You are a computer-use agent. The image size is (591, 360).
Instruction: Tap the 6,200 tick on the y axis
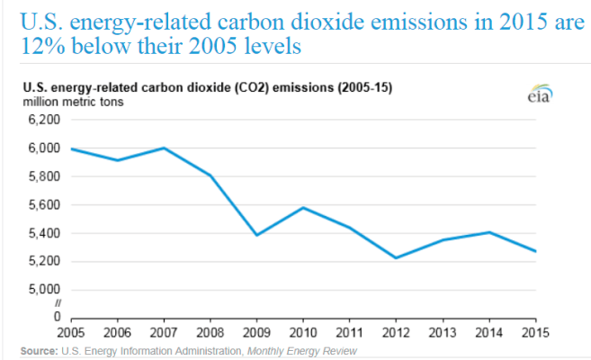[41, 120]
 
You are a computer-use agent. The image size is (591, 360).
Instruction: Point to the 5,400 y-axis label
[41, 233]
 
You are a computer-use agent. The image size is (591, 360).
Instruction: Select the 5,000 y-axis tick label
[41, 290]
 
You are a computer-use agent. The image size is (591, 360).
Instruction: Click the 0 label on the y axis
[55, 317]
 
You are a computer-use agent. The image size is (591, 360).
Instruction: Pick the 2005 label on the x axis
[70, 332]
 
